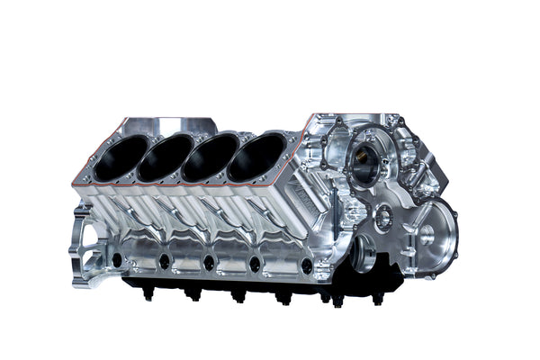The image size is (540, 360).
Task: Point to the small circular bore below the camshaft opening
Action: pos(384,216)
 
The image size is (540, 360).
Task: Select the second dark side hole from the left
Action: pos(165,262)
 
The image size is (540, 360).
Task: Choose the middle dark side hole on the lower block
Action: pos(210,264)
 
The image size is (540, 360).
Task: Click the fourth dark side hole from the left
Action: pos(256,265)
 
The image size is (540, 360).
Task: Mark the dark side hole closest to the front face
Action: pos(307,267)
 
